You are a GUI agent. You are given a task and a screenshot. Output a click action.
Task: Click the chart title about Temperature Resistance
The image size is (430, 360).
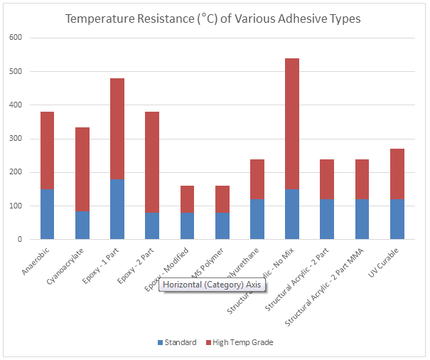pos(213,18)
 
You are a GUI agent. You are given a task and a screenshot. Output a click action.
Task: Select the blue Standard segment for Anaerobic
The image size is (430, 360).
pos(47,214)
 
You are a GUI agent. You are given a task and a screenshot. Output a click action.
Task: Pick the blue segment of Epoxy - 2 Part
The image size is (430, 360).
pos(151,226)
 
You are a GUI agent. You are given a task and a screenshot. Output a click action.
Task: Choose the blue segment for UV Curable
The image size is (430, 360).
pos(397,219)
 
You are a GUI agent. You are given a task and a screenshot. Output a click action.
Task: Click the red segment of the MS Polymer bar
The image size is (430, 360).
pos(222,199)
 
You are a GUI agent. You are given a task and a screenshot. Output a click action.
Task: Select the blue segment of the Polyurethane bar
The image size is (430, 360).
pos(257,219)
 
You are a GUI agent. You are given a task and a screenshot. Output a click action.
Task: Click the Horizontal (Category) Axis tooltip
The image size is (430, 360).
pos(213,285)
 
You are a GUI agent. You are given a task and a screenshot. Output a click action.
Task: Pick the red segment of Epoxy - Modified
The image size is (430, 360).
pos(187,199)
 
